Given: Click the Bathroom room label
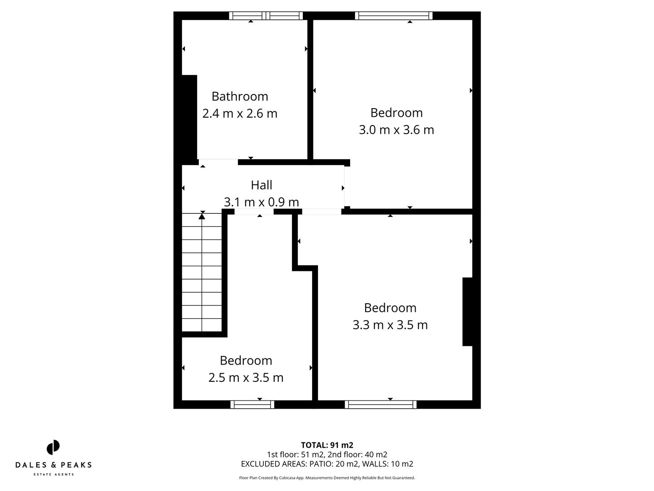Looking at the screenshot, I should (240, 96).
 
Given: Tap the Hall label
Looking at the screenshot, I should (262, 185).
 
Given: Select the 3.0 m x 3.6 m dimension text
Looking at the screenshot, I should (396, 130).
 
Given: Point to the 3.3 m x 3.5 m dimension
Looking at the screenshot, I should (390, 325).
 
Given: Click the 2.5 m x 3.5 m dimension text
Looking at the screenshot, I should (246, 378).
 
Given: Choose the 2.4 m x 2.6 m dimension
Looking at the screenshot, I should (240, 114).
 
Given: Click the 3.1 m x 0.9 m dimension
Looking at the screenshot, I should (262, 202).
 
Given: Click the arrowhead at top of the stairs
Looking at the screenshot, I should (202, 216).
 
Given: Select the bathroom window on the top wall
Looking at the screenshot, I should (266, 16).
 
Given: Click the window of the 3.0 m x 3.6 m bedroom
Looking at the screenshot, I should (394, 16).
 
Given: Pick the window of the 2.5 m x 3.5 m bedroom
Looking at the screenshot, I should (253, 404).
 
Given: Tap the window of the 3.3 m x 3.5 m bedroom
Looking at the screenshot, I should (381, 404).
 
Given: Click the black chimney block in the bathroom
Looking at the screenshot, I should (189, 117).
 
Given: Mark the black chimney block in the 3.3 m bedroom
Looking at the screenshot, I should (467, 311).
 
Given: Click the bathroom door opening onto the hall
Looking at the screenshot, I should (218, 162).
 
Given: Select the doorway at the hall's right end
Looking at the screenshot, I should (347, 186).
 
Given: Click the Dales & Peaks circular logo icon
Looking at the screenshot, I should (53, 447).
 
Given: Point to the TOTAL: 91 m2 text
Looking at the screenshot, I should (327, 445).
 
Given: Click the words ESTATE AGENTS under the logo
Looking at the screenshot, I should (54, 474).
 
